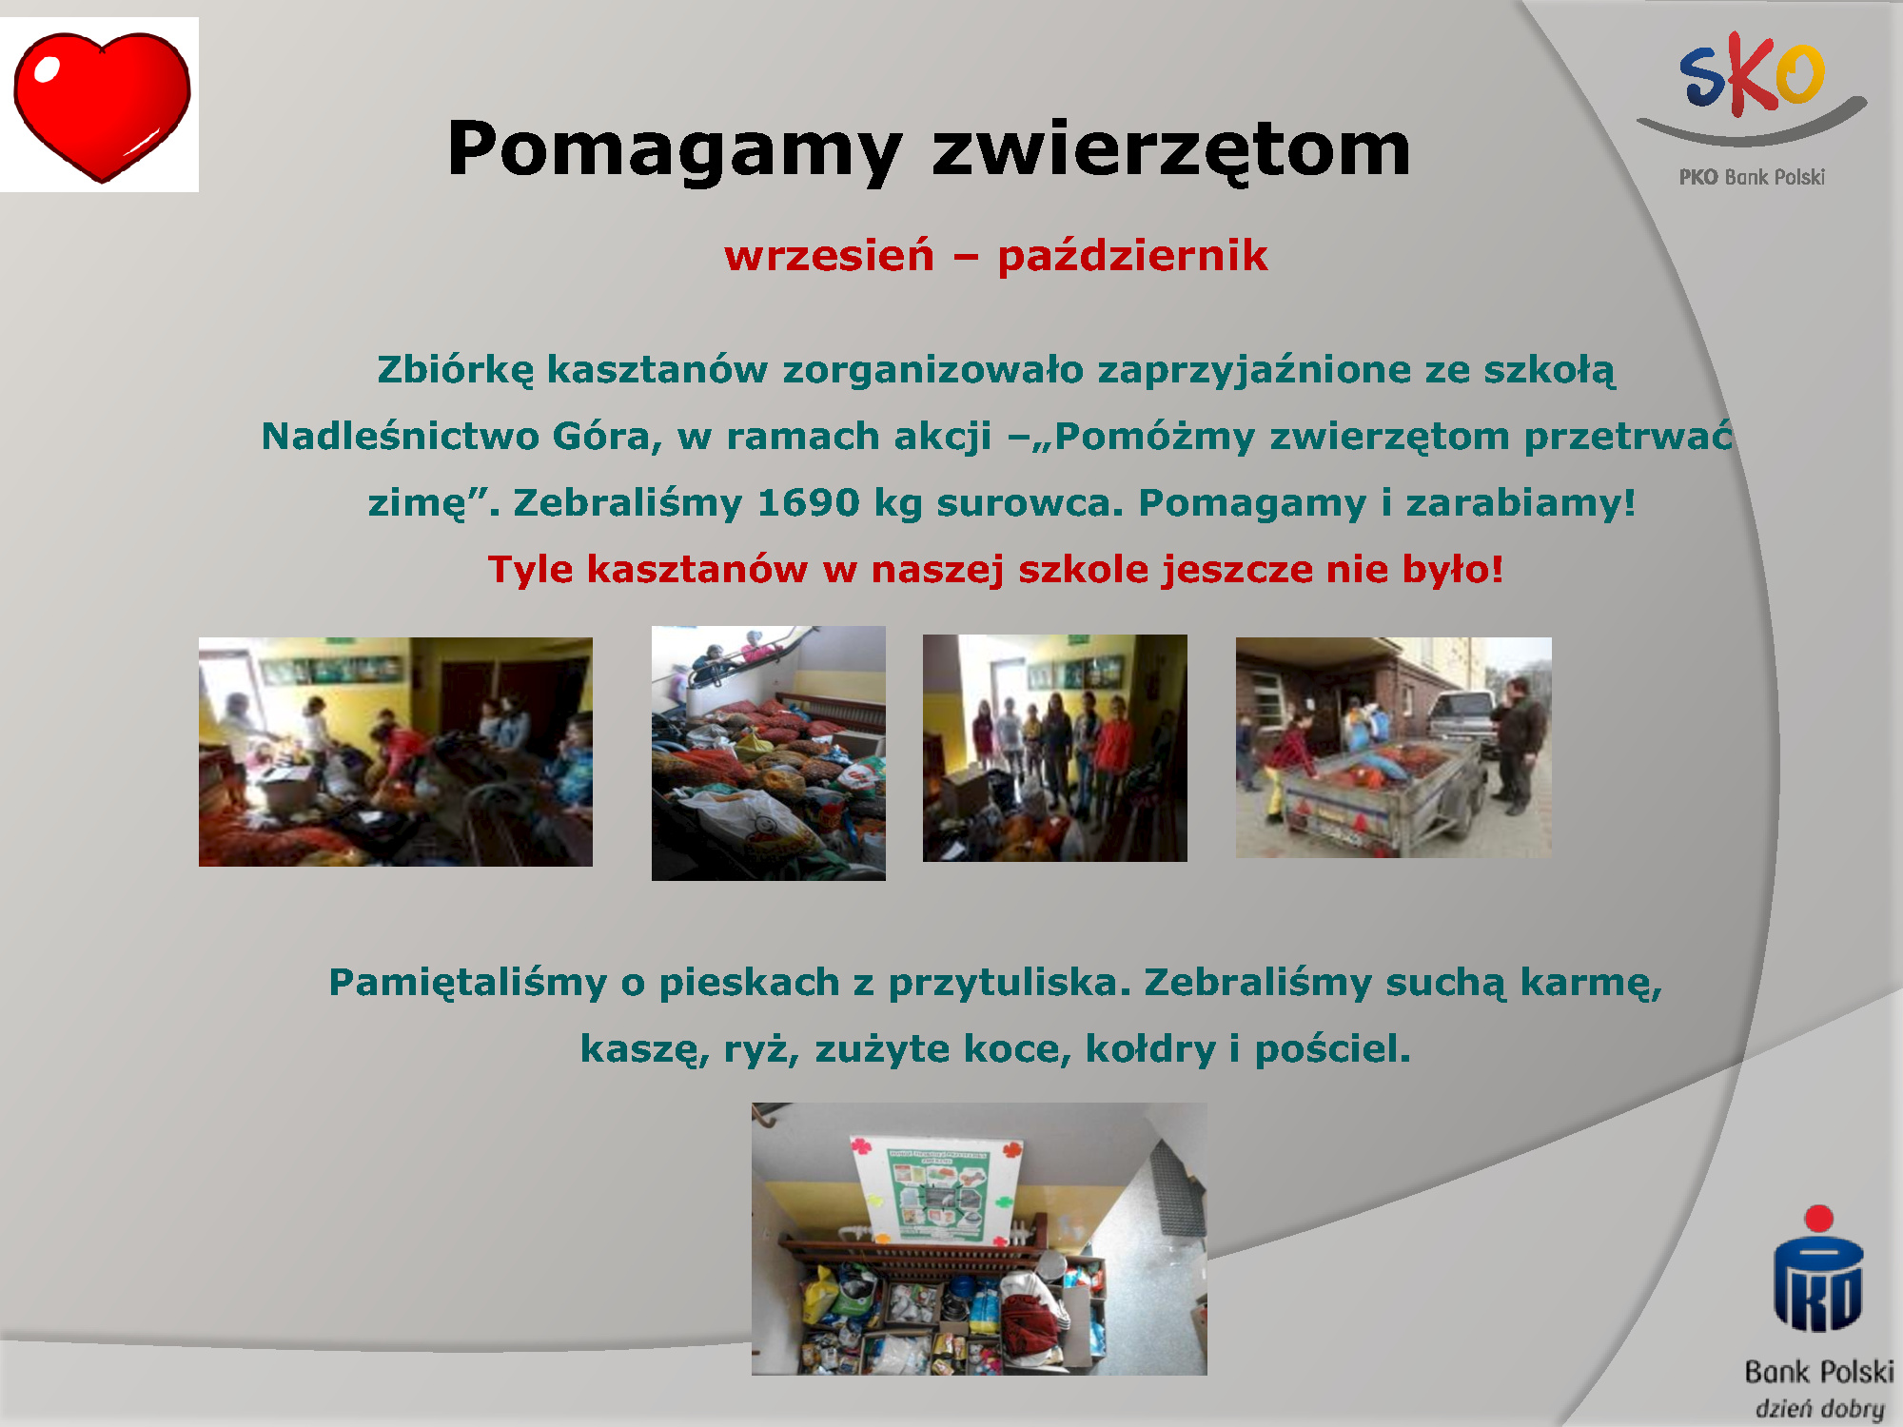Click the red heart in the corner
(x=102, y=106)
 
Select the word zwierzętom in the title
(x=1171, y=150)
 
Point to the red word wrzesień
(x=829, y=256)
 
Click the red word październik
(x=1132, y=256)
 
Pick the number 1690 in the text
(x=808, y=502)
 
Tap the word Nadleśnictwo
(x=401, y=436)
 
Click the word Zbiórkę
(x=456, y=370)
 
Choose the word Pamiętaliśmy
(x=467, y=983)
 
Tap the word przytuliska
(x=1010, y=983)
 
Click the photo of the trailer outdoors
(x=1393, y=748)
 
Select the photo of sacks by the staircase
(x=768, y=753)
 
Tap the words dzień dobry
(x=1819, y=1408)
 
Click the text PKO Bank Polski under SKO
(x=1752, y=177)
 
